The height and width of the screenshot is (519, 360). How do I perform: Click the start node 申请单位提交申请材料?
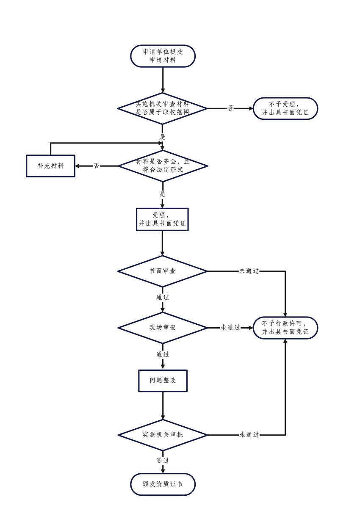pos(163,56)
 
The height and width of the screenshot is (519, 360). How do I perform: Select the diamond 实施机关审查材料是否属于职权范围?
pos(163,108)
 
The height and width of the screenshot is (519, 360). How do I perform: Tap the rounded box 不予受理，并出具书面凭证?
pos(285,109)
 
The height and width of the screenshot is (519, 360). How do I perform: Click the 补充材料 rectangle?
pos(50,166)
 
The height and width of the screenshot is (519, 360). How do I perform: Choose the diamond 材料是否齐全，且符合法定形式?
pos(163,166)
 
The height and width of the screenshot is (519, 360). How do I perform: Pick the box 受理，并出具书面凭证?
pos(163,219)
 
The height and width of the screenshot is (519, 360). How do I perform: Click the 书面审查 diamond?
pos(163,271)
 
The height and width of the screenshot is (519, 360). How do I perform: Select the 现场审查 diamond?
pos(163,328)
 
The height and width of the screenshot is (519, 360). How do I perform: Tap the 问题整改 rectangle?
pos(163,381)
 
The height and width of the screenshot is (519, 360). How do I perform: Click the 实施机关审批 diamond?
pos(163,435)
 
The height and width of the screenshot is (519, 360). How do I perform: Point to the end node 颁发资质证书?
pos(163,484)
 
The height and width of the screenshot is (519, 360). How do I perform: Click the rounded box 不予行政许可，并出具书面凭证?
pos(285,328)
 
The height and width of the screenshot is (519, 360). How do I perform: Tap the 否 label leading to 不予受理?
pos(230,108)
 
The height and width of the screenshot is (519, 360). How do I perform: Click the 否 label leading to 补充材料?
pos(97,166)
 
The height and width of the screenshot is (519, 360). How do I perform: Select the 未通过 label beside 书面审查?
pos(249,271)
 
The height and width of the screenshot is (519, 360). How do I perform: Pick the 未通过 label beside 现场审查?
pos(230,328)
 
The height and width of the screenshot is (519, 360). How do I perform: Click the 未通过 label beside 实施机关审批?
pos(249,435)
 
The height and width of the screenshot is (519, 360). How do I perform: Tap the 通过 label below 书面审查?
pos(163,298)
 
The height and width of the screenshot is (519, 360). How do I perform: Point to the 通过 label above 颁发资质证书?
pos(163,461)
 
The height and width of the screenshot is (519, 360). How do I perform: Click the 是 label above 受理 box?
pos(162,195)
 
